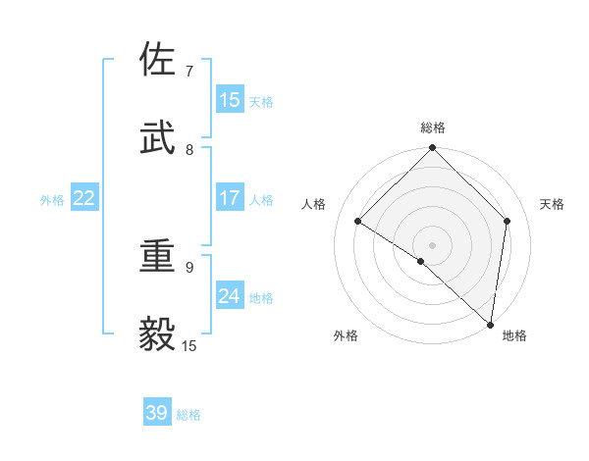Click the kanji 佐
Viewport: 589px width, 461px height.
(158, 60)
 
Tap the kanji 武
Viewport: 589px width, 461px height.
(158, 138)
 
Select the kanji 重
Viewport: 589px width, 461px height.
(158, 256)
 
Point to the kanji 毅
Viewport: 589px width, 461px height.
(158, 334)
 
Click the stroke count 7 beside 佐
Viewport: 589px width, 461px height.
(188, 72)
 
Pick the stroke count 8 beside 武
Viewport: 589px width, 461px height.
(188, 150)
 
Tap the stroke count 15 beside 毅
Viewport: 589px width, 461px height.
(189, 346)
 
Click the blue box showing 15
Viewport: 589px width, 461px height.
(230, 100)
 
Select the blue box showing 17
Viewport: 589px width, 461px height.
(230, 198)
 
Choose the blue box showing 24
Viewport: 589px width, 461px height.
(230, 296)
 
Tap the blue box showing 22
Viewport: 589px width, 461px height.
(84, 198)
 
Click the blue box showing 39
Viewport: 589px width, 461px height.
(157, 413)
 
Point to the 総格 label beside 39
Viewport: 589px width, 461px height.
(189, 415)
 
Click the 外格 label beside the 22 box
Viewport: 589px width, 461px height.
(52, 200)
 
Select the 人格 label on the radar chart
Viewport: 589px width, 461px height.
(314, 204)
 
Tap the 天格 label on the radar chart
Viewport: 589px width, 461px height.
(552, 204)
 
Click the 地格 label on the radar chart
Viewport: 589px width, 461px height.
(514, 335)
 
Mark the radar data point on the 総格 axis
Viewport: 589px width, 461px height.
(432, 149)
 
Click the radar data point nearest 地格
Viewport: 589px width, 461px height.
(490, 324)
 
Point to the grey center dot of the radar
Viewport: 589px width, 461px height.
(432, 244)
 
